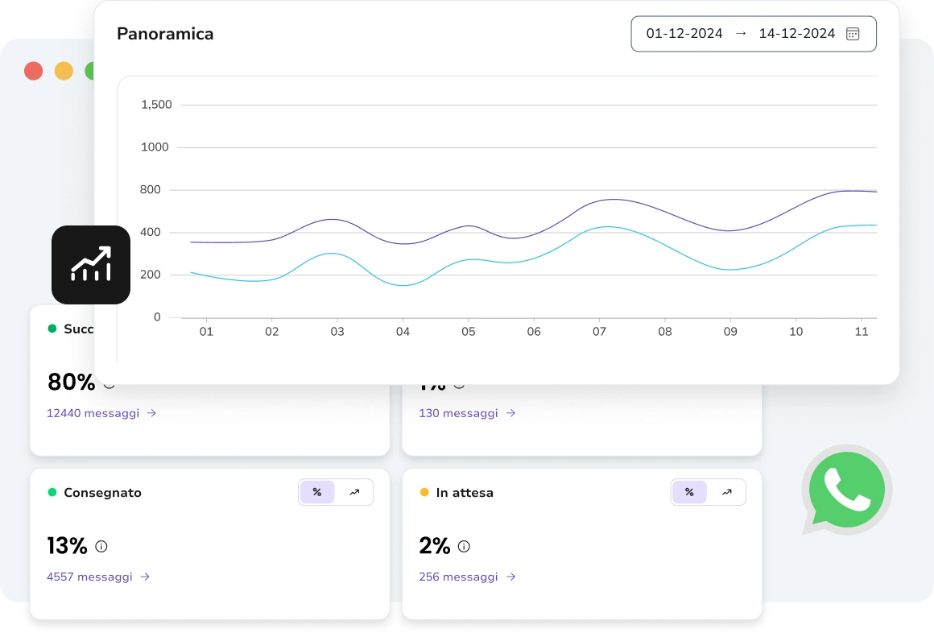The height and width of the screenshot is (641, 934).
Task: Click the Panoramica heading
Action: (165, 34)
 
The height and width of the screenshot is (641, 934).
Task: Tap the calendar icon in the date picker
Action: (853, 34)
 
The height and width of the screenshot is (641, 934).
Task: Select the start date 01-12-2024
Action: (684, 34)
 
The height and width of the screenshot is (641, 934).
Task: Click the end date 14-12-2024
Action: (796, 34)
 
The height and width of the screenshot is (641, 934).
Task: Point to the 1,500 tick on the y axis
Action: (156, 105)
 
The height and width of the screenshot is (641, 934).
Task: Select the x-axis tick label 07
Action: (599, 332)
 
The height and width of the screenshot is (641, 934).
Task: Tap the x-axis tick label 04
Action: (403, 332)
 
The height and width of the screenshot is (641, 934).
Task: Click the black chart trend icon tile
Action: (91, 265)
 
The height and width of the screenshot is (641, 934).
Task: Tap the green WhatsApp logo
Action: (846, 490)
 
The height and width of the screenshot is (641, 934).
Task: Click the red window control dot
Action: (33, 71)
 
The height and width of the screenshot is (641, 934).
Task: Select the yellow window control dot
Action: (64, 71)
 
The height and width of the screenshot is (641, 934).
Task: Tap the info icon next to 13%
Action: (101, 546)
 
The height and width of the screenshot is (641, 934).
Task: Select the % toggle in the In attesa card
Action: (689, 492)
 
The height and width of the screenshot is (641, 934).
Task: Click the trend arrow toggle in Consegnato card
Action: (354, 492)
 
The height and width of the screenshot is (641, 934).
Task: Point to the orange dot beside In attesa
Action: (424, 492)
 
